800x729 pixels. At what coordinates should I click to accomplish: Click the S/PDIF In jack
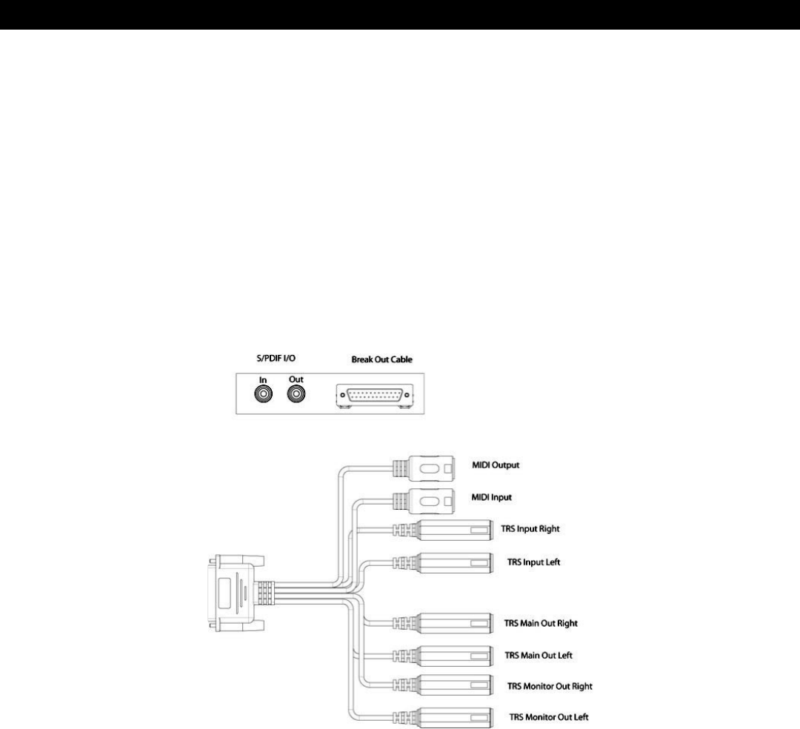pos(261,396)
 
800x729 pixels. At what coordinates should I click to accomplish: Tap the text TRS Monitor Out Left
pos(550,717)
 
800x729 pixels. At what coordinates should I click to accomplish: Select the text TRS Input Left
pos(534,562)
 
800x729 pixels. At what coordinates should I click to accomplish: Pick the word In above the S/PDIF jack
pos(261,378)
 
